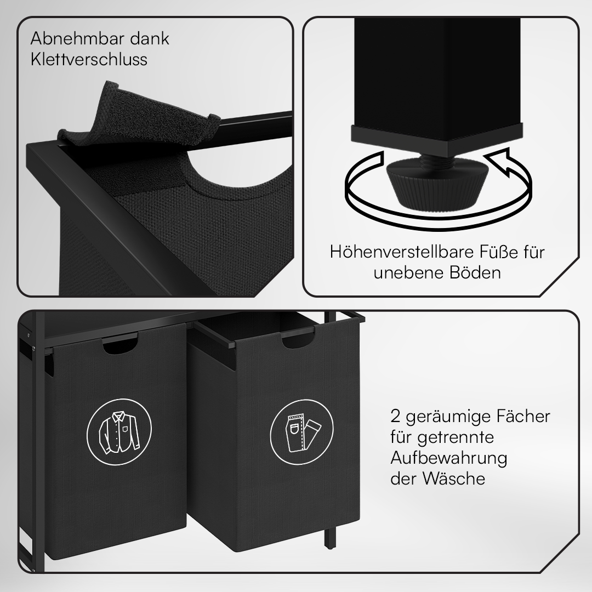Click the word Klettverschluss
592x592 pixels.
[x=89, y=59]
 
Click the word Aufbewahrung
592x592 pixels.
[x=449, y=458]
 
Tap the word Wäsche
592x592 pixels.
[x=454, y=479]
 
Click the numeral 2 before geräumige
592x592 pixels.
[x=395, y=417]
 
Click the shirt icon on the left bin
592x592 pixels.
[x=119, y=431]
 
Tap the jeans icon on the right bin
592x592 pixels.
[x=302, y=432]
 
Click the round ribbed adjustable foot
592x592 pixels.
[x=437, y=185]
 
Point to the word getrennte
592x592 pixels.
[x=456, y=438]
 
